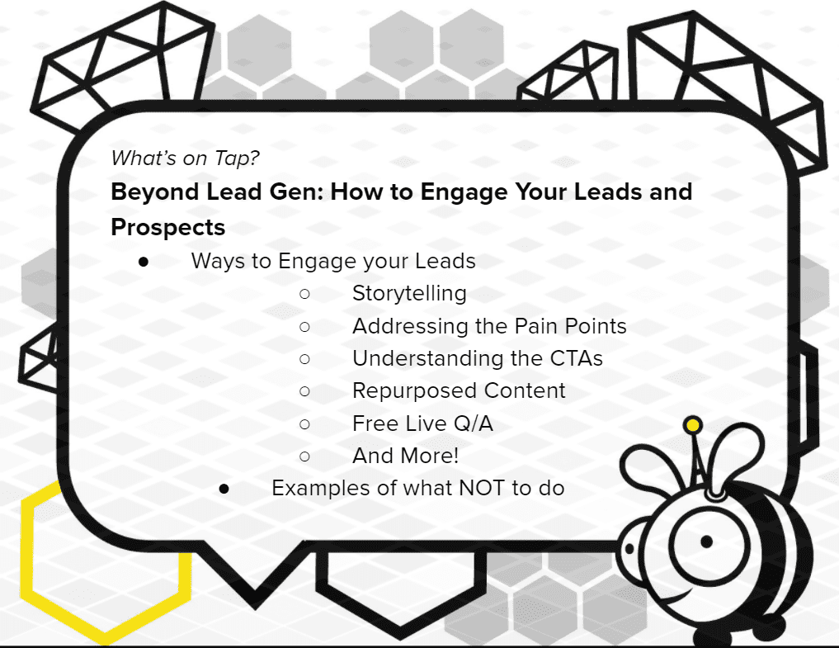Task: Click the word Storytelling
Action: point(409,294)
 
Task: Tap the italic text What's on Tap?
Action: point(185,158)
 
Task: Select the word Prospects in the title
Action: point(168,228)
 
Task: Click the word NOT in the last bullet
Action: point(481,489)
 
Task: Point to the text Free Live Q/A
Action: point(422,423)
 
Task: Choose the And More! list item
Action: point(406,456)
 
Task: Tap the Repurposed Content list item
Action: point(459,391)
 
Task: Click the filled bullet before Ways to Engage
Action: point(144,262)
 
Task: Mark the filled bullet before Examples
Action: point(224,489)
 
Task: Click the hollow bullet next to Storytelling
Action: point(305,294)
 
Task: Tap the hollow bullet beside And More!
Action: point(305,456)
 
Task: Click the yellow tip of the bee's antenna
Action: point(693,426)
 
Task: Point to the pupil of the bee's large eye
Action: point(706,542)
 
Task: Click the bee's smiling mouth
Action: point(676,596)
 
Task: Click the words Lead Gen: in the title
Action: point(266,192)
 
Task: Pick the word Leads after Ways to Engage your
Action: point(445,262)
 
